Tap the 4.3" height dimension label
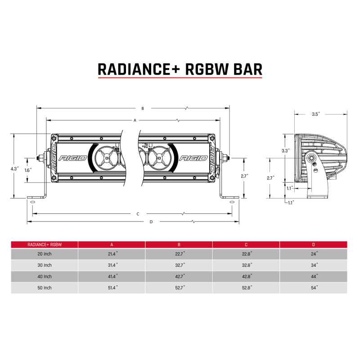15,169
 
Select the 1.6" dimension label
28,171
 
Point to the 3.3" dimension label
285,151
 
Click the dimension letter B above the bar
143,108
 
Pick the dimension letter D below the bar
151,221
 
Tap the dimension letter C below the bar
138,214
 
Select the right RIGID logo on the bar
193,158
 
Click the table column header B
179,244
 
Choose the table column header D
314,244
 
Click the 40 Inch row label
45,276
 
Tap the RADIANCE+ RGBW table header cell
45,244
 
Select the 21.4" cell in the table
112,255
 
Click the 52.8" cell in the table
246,287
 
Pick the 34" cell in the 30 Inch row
314,265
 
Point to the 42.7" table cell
179,276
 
